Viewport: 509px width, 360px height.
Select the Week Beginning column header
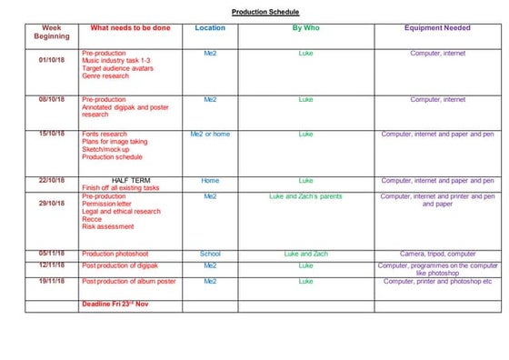52,32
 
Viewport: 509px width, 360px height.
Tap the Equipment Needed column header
438,28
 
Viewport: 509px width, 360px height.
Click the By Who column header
304,28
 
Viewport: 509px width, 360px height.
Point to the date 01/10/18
52,60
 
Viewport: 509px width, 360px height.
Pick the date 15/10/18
52,134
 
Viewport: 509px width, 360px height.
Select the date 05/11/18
52,254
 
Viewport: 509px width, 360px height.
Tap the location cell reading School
210,254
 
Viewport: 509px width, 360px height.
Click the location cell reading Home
210,181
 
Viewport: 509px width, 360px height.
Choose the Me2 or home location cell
210,134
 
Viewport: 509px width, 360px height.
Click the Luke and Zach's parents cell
304,196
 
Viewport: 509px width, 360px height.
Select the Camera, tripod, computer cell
437,254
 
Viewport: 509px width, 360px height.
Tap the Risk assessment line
107,227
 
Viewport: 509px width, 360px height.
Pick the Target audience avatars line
116,68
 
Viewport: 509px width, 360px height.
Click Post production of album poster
128,282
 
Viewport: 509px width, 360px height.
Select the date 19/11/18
52,282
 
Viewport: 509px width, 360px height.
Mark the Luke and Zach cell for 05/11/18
304,254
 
